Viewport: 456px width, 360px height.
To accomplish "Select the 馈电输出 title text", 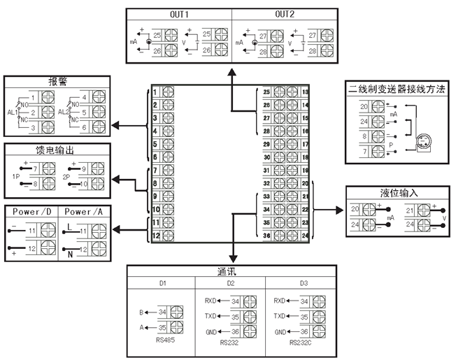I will coord(55,149).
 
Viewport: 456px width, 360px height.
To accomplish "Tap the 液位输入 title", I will coord(394,192).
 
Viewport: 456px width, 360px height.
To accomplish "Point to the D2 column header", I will coord(231,283).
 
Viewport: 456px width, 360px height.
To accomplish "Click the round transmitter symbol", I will coord(422,142).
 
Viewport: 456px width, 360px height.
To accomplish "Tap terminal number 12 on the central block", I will coord(155,235).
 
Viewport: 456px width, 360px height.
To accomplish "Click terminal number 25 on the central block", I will coord(266,92).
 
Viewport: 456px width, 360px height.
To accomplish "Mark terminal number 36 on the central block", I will coord(266,235).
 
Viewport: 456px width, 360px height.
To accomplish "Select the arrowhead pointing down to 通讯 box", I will coord(231,258).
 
